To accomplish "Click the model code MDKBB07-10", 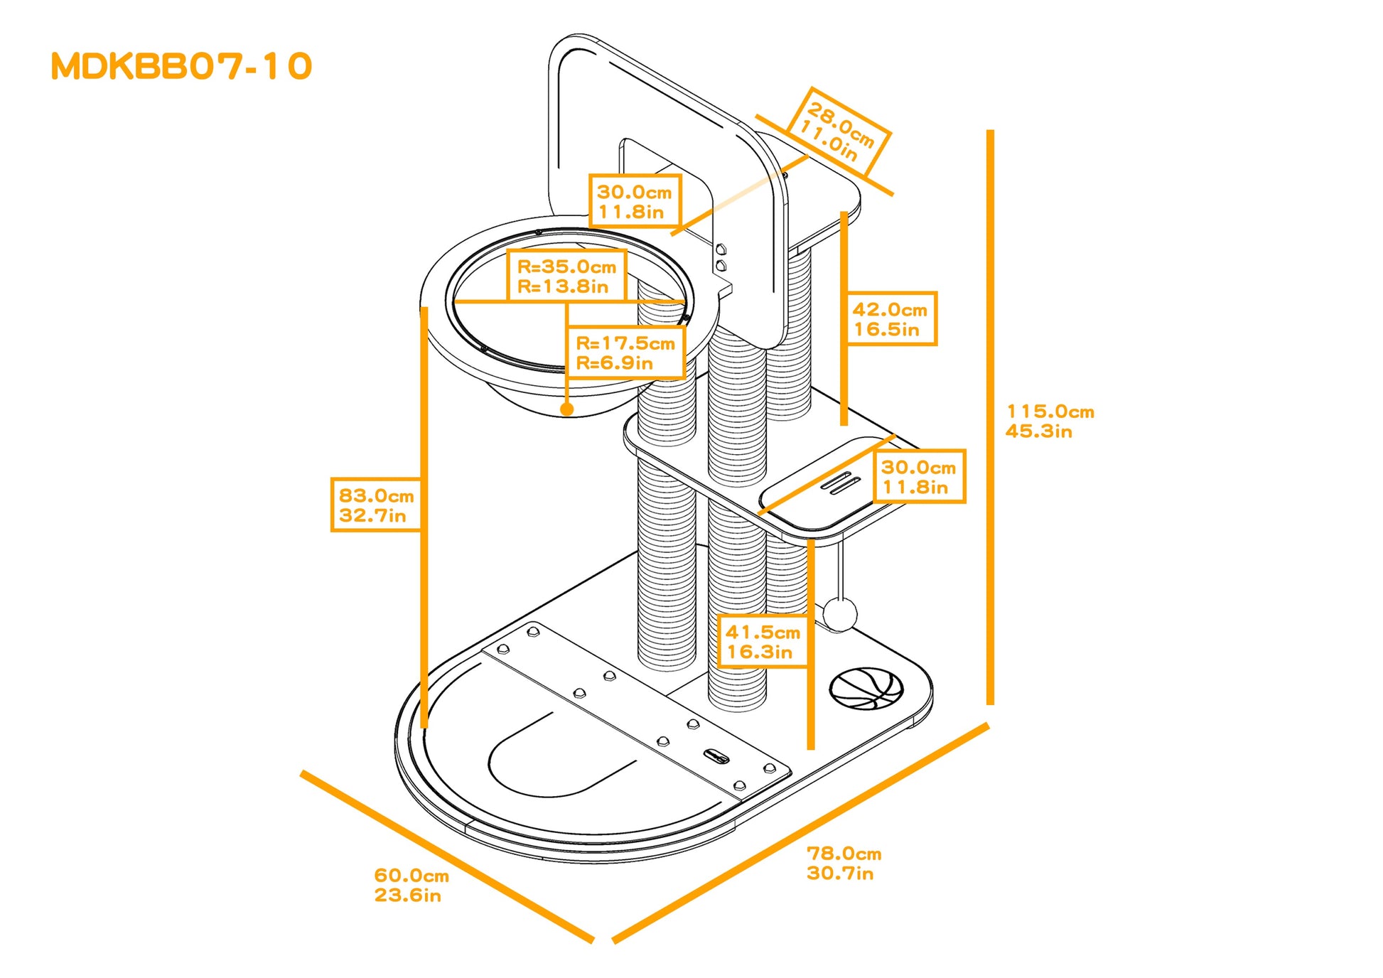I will click(x=181, y=66).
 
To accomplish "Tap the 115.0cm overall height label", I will click(x=1050, y=421).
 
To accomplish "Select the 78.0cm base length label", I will click(x=844, y=863).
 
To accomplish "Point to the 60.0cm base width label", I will click(x=411, y=885).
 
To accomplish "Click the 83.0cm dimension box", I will click(x=376, y=505).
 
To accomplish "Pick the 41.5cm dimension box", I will click(x=763, y=641).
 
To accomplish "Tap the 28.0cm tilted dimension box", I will click(x=838, y=132).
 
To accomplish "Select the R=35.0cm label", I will click(x=566, y=276).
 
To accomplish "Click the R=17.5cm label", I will click(x=625, y=353).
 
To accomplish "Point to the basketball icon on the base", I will click(x=866, y=688).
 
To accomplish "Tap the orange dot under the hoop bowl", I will click(x=566, y=409).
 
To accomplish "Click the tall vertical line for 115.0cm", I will click(x=990, y=419).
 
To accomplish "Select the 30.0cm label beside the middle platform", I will click(x=918, y=476).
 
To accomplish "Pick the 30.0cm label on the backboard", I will click(x=635, y=201).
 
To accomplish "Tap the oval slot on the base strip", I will click(x=716, y=756).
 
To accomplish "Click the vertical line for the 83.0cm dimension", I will click(x=424, y=519).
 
